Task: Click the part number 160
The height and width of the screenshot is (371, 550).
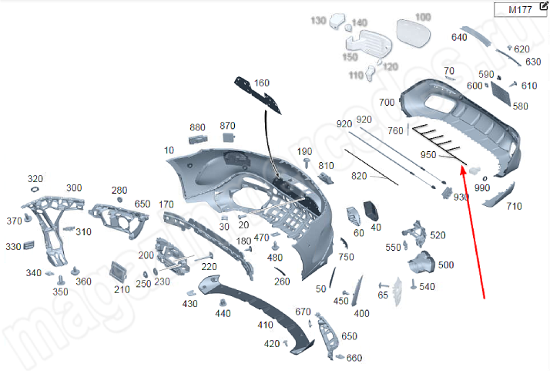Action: coord(262,83)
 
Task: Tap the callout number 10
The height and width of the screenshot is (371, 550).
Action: coord(169,150)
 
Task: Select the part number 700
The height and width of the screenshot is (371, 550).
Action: coord(387,103)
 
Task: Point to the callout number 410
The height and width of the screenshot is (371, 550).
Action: coord(265,325)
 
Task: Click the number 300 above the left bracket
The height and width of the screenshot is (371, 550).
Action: coord(74,188)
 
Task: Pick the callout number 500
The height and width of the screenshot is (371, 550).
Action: coord(446,265)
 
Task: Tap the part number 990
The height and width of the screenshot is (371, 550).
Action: coord(482,188)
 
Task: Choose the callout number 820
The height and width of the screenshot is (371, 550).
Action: coord(360,176)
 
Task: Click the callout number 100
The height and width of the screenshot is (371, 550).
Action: coord(423,17)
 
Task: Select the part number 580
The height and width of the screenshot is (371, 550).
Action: coord(520,106)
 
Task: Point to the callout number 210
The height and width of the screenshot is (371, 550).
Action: coord(122,289)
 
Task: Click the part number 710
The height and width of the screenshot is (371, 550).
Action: coord(514,207)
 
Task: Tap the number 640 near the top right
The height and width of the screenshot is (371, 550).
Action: coord(459,37)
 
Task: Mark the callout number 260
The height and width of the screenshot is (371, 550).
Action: coord(282,282)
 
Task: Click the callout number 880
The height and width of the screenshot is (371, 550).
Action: coord(197,127)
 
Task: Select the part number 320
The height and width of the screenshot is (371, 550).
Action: coord(35,178)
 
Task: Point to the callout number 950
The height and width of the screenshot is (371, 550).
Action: coord(428,155)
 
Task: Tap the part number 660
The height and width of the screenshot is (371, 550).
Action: coord(354,358)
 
